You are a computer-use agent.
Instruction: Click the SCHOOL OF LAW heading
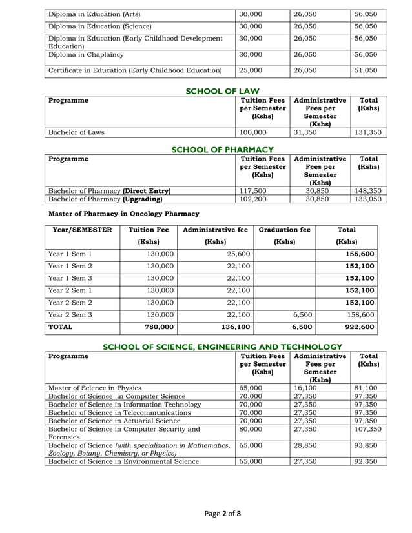(221, 91)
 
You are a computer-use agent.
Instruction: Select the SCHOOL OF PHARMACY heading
(222, 150)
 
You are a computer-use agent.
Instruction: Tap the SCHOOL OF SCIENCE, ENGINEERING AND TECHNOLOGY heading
(222, 347)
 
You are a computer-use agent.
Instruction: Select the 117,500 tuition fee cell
(253, 191)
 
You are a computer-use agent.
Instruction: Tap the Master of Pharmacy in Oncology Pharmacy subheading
(124, 214)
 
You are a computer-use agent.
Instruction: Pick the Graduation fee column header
(284, 229)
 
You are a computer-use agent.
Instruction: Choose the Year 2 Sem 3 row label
(72, 315)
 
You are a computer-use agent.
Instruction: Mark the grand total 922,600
(360, 328)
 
